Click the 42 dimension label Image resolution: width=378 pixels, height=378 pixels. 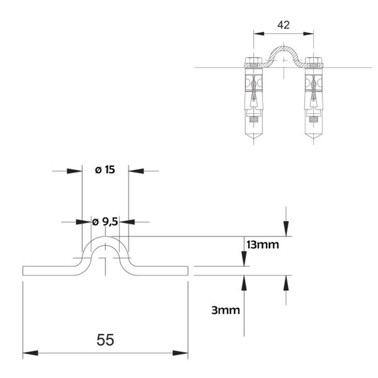(283, 25)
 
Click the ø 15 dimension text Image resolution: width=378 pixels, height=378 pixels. (105, 170)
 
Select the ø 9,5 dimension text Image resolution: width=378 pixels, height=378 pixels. (105, 222)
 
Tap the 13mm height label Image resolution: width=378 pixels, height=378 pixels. (263, 244)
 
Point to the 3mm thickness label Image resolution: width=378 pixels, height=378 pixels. (226, 310)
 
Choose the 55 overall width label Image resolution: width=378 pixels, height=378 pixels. (105, 340)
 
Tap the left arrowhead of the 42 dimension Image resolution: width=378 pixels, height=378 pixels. (259, 33)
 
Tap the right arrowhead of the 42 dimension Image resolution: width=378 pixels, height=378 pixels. (309, 33)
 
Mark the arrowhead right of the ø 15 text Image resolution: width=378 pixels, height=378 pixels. (136, 171)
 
